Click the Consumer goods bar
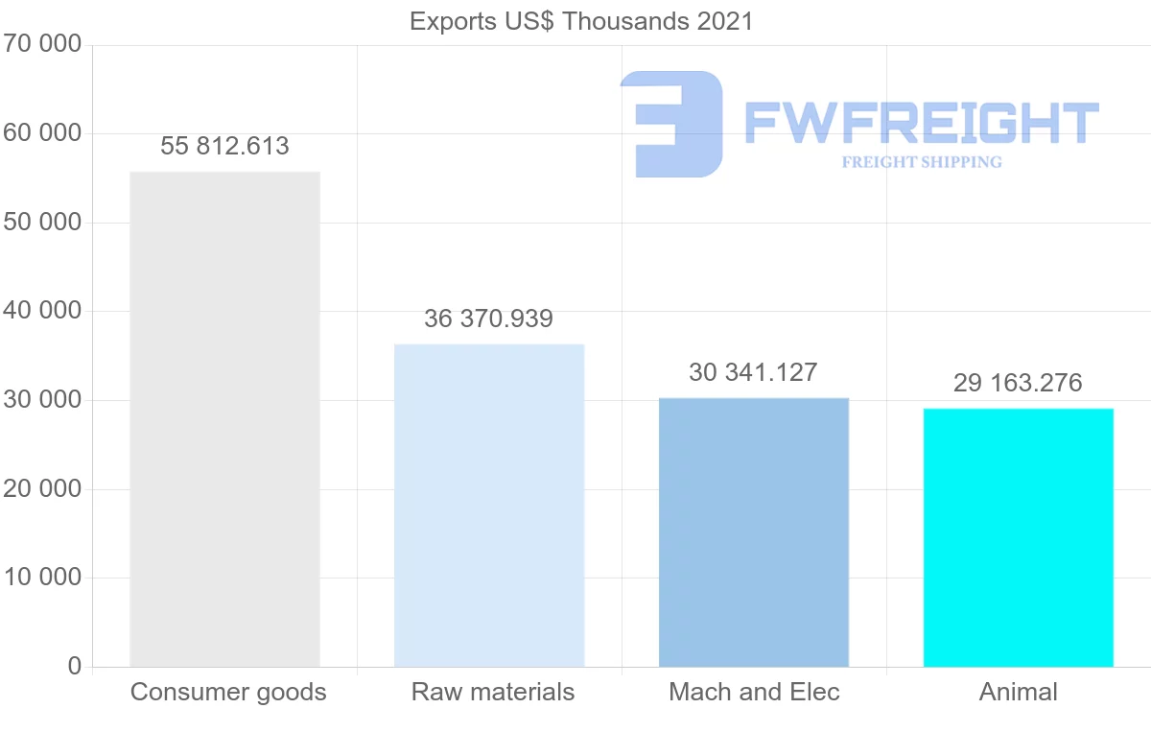224,419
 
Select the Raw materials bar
489,506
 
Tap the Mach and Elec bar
754,532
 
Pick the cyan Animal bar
1018,537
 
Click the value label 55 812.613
224,146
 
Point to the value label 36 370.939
489,319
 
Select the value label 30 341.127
753,372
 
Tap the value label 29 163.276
1018,383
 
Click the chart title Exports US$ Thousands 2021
581,20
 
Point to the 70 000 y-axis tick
41,45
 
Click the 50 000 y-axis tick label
41,223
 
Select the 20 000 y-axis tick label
41,489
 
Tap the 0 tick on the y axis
75,667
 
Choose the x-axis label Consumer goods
228,692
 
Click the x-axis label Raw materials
493,692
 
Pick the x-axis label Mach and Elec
754,692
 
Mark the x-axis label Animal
1018,692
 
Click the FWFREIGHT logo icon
672,124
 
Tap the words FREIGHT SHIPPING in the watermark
922,162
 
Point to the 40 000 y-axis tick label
41,312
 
